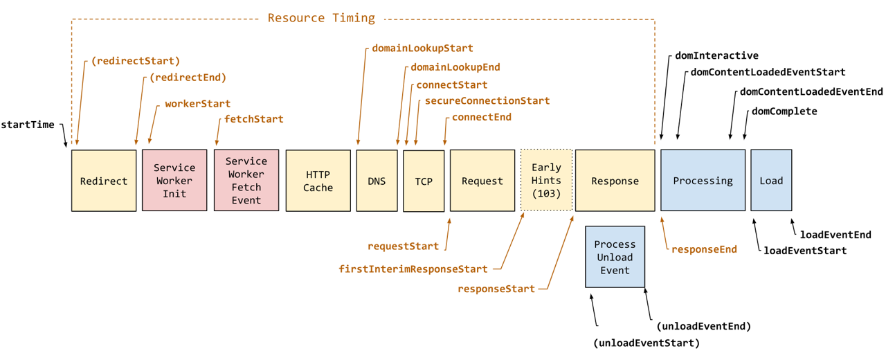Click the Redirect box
click(104, 181)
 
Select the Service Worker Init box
click(174, 181)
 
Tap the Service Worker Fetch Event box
click(246, 181)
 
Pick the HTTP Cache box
click(318, 181)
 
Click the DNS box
click(377, 181)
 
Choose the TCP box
click(424, 181)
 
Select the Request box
click(482, 181)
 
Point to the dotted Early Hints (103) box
click(546, 180)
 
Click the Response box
click(615, 181)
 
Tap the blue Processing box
click(703, 181)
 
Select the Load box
click(771, 181)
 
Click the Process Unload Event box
click(615, 257)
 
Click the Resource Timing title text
click(321, 18)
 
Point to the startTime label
click(28, 125)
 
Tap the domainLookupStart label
click(422, 48)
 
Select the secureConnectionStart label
click(487, 101)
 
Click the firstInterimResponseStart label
click(413, 269)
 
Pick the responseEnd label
click(704, 249)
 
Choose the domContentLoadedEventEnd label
click(811, 91)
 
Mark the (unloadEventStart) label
click(647, 343)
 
